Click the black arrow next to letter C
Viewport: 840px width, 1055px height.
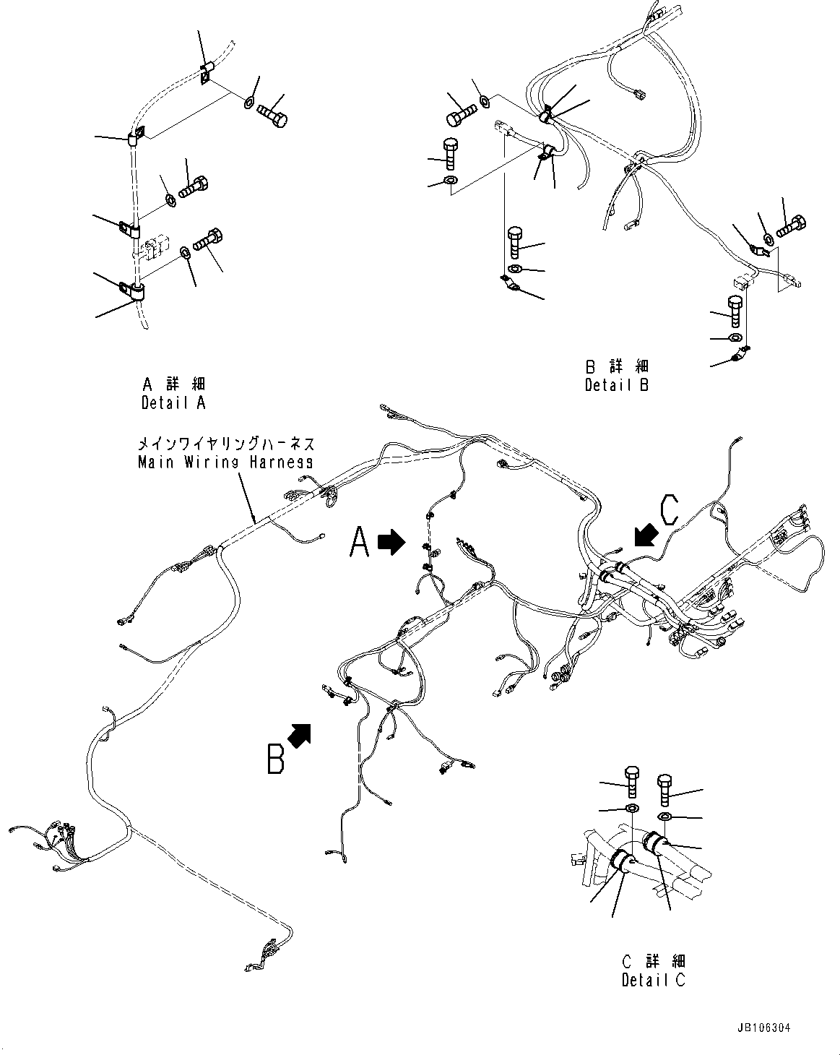click(x=645, y=535)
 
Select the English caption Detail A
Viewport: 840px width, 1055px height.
click(x=173, y=402)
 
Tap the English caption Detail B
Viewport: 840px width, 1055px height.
click(x=616, y=384)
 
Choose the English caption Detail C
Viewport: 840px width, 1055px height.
click(x=653, y=980)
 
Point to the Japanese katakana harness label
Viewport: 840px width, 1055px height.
click(x=225, y=444)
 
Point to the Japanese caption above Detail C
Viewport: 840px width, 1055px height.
click(x=653, y=961)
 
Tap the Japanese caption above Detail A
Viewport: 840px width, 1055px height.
click(x=173, y=384)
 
